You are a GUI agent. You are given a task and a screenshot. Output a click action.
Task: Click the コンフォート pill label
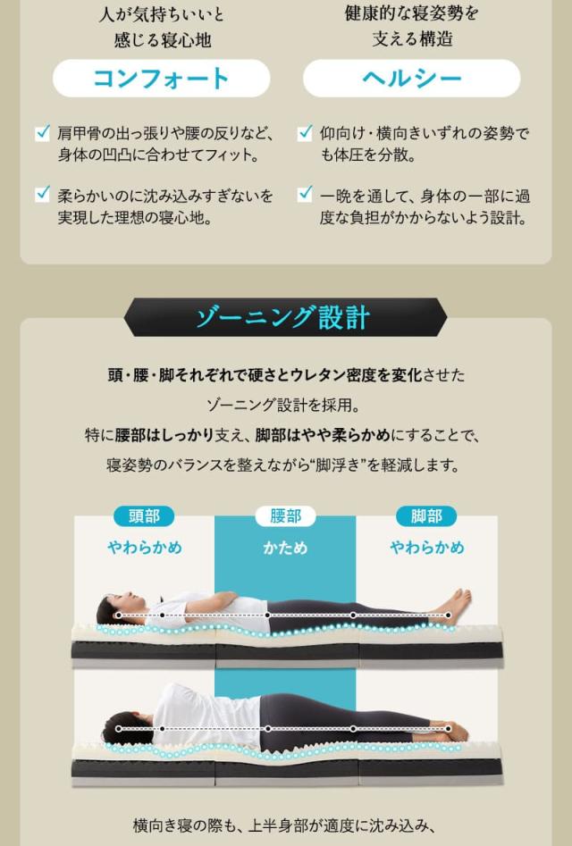tap(161, 79)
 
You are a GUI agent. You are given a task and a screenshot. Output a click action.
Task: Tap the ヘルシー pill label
tap(411, 79)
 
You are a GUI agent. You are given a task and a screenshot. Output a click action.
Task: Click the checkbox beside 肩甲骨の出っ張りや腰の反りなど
tap(42, 133)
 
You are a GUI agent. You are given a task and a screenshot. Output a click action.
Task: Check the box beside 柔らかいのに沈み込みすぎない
tap(42, 194)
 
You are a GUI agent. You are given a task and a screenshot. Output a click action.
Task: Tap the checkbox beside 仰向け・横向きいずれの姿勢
tap(305, 133)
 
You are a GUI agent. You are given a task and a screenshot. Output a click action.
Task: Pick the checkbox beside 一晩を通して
tap(305, 194)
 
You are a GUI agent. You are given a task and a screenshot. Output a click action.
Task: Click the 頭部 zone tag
tap(144, 516)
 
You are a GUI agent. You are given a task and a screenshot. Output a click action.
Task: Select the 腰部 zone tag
tap(285, 516)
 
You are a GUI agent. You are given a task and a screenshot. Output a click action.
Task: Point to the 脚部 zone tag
tap(426, 516)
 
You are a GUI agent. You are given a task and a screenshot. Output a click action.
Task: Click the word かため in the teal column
tap(285, 547)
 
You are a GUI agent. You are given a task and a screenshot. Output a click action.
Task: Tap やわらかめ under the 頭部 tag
tap(144, 547)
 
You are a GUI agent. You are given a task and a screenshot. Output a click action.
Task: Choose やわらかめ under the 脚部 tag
tap(426, 547)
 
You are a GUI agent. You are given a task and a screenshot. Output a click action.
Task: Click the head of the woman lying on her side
tap(121, 724)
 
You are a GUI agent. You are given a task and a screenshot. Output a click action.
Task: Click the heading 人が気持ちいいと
tap(161, 15)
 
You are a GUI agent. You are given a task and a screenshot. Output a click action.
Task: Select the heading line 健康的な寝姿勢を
tap(411, 15)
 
